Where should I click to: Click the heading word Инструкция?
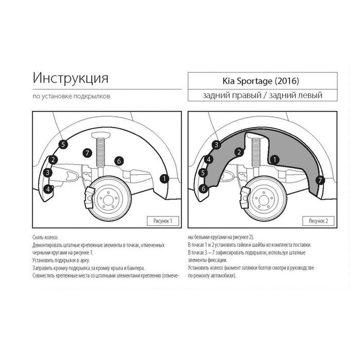coord(70,78)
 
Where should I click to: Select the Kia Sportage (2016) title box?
coord(262,81)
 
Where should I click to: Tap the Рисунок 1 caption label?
coord(163,221)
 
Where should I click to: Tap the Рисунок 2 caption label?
coord(318,221)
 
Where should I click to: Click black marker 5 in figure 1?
coord(63,145)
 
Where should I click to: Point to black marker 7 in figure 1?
coord(87,153)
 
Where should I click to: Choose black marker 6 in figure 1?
coord(119,161)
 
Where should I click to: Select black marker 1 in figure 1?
coord(165,178)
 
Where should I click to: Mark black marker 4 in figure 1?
coord(48,189)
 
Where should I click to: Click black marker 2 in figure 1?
coord(53,160)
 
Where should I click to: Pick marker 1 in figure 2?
coord(275,159)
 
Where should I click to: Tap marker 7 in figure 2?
coord(320,180)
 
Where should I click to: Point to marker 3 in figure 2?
coord(217,145)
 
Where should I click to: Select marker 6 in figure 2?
coord(204,189)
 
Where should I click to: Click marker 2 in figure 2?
coord(239,152)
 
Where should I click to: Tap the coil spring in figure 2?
coord(256,152)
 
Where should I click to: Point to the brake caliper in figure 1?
coord(90,197)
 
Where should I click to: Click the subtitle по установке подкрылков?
coord(71,96)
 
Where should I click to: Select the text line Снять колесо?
coord(45,238)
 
